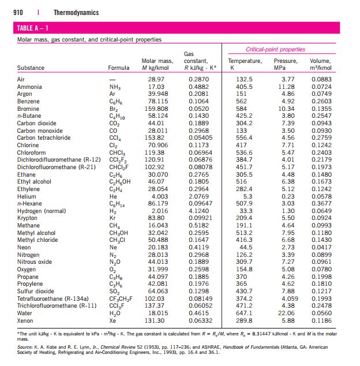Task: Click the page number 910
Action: pos(18,12)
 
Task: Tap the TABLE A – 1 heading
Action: pos(32,28)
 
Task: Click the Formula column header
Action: pos(118,68)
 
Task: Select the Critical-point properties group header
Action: pos(275,49)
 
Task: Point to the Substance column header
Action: pos(31,68)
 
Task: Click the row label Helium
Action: pos(27,196)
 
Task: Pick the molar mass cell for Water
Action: pos(158,313)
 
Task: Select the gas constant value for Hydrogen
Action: pos(199,211)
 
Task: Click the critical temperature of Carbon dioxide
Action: pos(244,123)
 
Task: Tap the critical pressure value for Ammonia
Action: pos(286,87)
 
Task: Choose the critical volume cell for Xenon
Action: pos(321,320)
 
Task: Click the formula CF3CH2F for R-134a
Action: pos(121,299)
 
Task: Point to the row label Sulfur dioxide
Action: pos(35,292)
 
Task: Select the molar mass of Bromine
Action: pos(156,109)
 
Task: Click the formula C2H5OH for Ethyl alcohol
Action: pos(120,182)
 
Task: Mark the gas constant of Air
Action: pos(199,79)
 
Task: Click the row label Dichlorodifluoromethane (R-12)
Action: pos(59,160)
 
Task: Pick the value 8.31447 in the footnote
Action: pos(261,334)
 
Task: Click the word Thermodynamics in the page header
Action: pos(76,12)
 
